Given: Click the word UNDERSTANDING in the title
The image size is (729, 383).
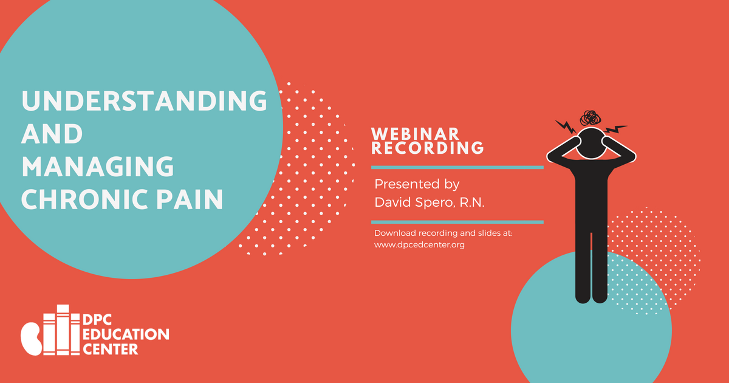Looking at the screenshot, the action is click(x=144, y=101).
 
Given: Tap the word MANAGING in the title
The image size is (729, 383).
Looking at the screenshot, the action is click(x=98, y=167).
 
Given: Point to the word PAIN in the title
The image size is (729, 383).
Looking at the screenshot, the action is click(x=190, y=199).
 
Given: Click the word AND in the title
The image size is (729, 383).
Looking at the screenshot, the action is click(x=52, y=134).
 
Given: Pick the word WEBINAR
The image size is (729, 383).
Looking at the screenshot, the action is click(x=415, y=134).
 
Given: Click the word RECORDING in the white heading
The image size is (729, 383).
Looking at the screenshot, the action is click(x=427, y=148).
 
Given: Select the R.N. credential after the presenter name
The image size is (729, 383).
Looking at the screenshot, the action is click(x=472, y=202).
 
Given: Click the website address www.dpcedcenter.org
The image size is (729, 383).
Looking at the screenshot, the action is click(x=419, y=244).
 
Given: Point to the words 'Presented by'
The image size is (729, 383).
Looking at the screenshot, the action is click(x=417, y=184).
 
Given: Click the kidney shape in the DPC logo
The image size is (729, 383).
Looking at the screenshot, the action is click(x=31, y=339).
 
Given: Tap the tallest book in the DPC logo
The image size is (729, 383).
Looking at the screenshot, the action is click(x=63, y=330).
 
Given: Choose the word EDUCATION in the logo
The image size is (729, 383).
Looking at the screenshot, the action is click(x=126, y=335).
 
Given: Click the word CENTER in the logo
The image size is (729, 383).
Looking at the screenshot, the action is click(x=111, y=350).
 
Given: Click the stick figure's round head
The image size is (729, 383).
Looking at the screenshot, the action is click(x=591, y=143).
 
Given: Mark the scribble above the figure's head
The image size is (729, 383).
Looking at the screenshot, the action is click(x=590, y=118).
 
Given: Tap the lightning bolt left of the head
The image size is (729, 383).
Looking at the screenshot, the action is click(x=566, y=126).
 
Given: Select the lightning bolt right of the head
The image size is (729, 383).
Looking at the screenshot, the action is click(x=615, y=129).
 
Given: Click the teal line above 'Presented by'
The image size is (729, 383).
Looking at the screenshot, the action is click(x=457, y=167).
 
